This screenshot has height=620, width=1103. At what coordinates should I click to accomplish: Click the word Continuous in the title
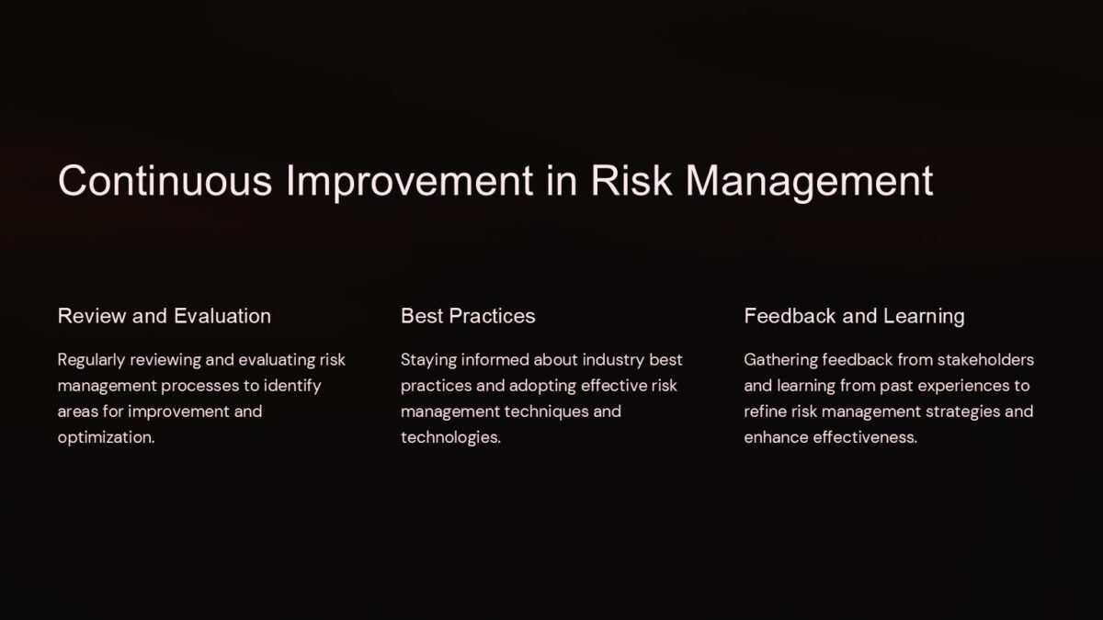165,181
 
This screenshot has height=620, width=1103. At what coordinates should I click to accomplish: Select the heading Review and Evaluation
165,316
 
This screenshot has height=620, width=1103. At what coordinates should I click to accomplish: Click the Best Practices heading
468,316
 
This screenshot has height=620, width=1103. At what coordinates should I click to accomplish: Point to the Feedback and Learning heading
854,316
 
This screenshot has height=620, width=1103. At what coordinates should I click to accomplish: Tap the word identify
291,386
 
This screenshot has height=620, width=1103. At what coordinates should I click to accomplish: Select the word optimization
106,437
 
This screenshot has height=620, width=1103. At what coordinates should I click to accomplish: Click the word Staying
428,359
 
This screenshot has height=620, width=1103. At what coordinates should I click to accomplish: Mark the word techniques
538,411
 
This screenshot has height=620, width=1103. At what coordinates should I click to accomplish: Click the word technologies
450,437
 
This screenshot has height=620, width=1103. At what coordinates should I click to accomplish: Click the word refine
765,411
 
